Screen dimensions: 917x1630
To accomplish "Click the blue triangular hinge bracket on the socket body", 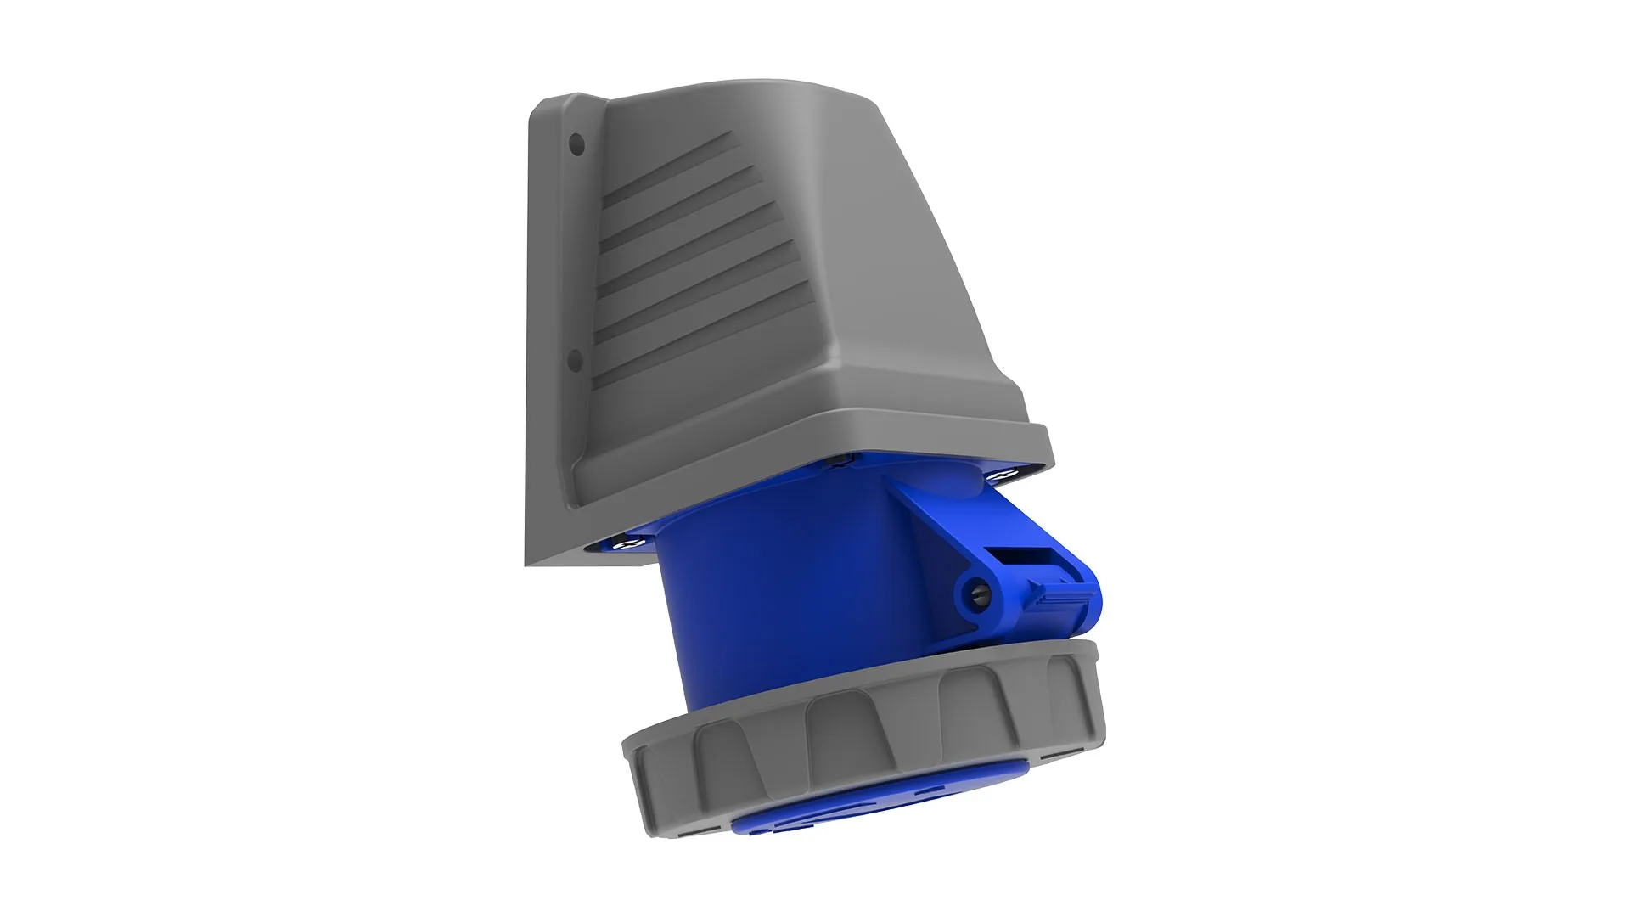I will pos(934,518).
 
